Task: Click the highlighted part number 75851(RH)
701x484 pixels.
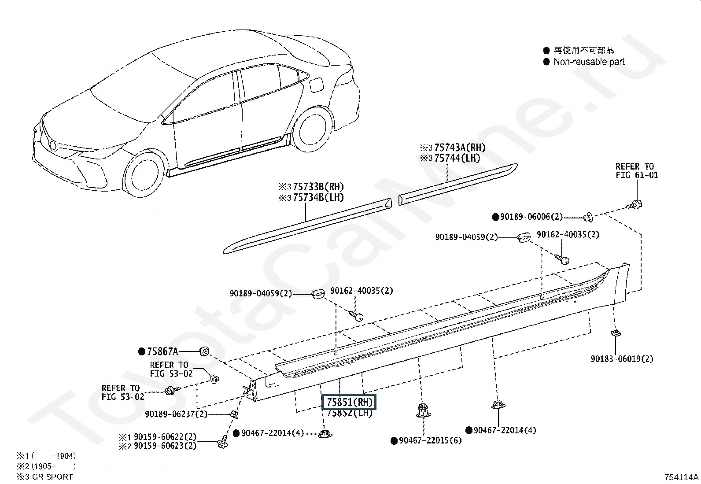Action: point(350,402)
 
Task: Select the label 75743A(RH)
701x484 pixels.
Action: point(457,148)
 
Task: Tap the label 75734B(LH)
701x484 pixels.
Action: point(318,198)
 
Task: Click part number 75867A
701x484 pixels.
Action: point(162,351)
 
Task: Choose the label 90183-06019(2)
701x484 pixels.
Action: point(622,359)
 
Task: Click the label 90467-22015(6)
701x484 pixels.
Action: point(430,440)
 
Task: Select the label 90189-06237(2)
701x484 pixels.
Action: point(176,414)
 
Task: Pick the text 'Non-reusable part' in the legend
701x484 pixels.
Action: point(589,62)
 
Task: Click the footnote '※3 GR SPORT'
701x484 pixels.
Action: point(45,477)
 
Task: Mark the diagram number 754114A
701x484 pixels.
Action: point(682,477)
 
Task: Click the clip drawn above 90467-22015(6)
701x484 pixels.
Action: point(423,410)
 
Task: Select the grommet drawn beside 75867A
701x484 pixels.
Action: point(204,351)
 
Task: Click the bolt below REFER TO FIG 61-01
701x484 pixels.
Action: point(635,204)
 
